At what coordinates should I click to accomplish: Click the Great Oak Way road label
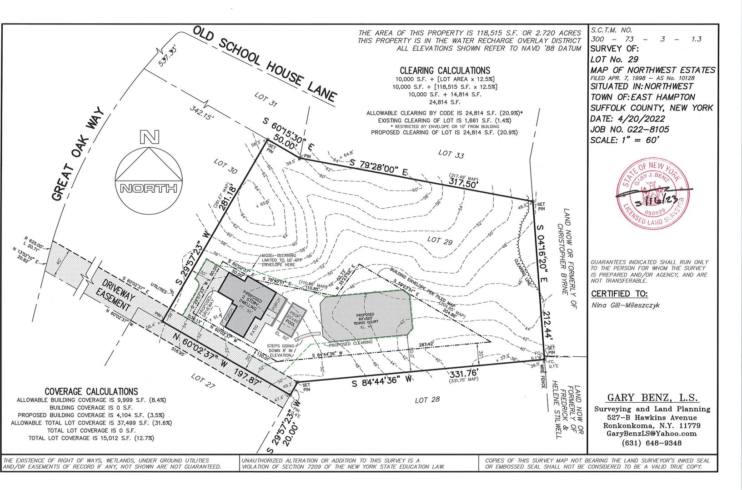[x=79, y=154]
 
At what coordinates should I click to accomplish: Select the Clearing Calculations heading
[x=445, y=70]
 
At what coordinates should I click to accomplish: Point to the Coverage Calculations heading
[x=91, y=391]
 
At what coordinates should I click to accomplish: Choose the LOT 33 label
[x=451, y=154]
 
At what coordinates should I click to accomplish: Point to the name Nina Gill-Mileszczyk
[x=626, y=305]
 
